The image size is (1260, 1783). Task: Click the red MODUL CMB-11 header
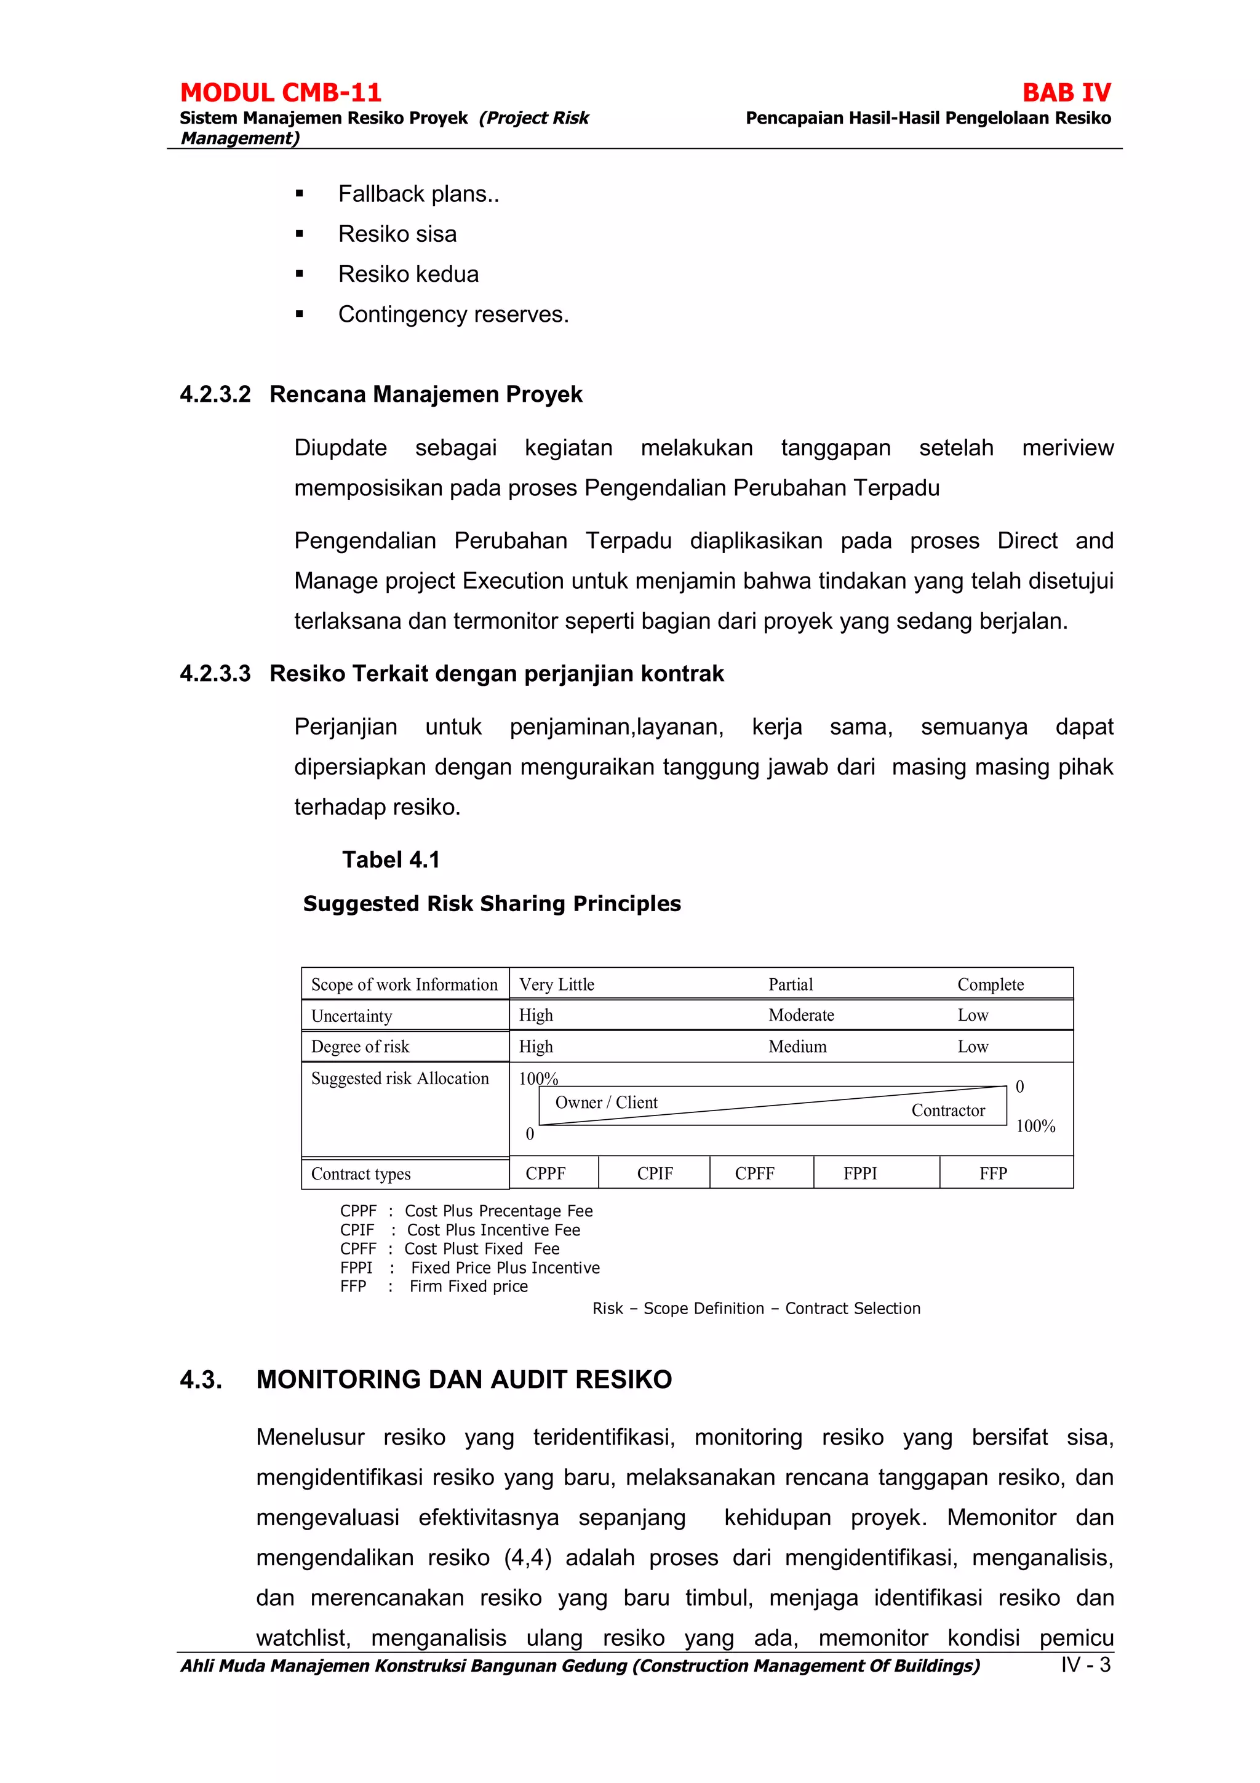(281, 92)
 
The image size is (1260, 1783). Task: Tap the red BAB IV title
(1066, 92)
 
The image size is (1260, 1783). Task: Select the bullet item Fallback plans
(418, 194)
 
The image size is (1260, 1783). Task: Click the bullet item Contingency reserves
(453, 314)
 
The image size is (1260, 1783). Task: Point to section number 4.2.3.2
(215, 394)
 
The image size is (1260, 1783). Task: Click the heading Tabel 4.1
(391, 860)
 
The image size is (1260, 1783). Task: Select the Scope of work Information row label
(404, 984)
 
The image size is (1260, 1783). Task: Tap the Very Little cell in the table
(557, 984)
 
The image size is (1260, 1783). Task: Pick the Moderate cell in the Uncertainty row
(800, 1015)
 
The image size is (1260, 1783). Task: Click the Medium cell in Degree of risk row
(797, 1047)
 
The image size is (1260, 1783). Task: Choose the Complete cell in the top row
(990, 984)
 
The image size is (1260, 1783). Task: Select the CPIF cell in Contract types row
(655, 1173)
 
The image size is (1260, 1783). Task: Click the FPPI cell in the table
(860, 1173)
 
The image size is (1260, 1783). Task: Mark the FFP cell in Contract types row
(993, 1173)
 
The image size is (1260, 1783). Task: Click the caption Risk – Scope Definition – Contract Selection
(756, 1309)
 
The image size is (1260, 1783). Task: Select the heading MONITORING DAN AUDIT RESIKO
(463, 1379)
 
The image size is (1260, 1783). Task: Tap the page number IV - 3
(1085, 1665)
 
